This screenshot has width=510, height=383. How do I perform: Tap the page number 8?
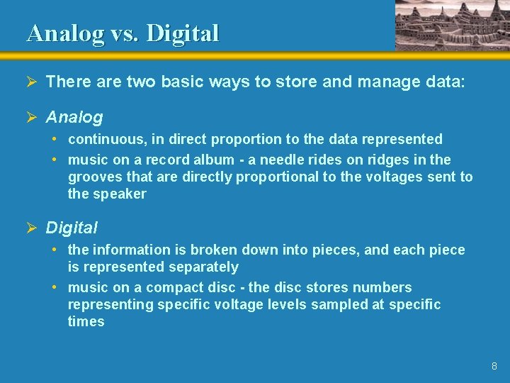[494, 366]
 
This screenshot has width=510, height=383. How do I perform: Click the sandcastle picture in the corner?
[451, 25]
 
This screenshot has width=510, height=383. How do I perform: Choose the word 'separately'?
[203, 267]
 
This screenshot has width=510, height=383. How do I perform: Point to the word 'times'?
[86, 321]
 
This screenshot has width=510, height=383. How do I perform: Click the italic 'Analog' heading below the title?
[74, 116]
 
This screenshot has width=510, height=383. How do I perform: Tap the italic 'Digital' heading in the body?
[72, 228]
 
